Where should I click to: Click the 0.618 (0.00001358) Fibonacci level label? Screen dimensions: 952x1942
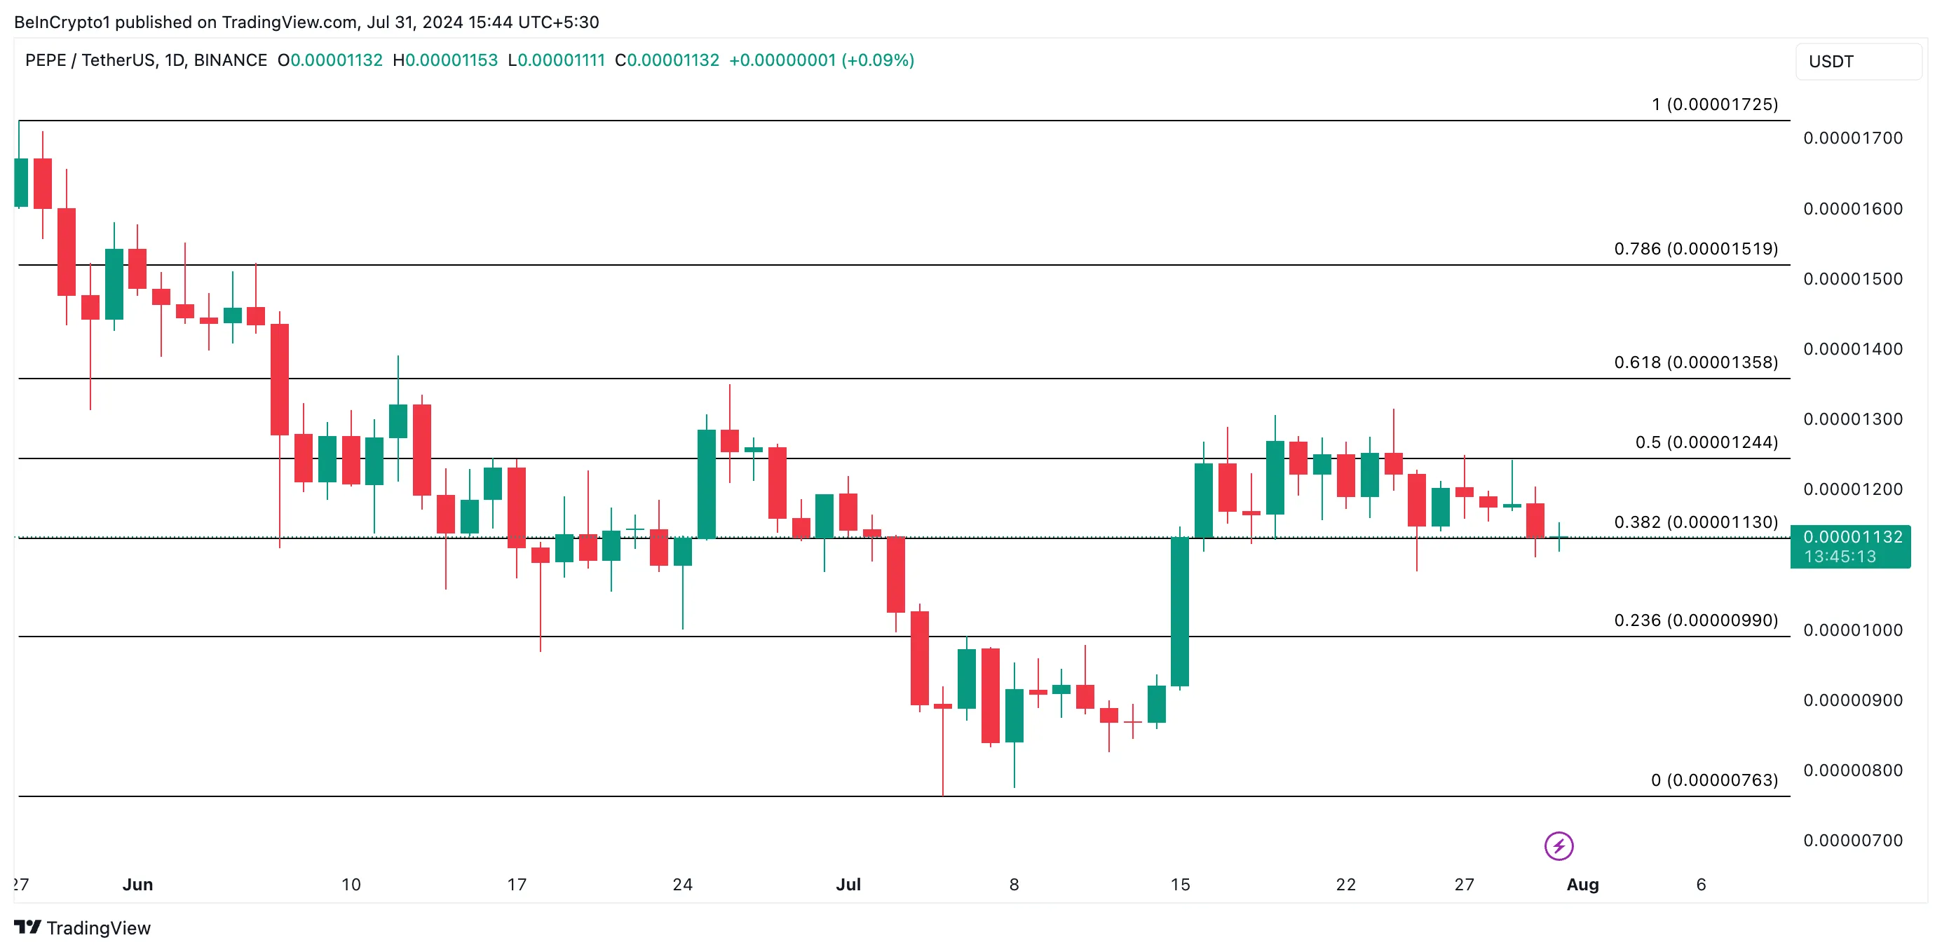(1695, 362)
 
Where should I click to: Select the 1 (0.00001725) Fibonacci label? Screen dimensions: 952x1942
(1714, 104)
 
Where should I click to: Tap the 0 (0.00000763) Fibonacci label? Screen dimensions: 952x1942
(1713, 780)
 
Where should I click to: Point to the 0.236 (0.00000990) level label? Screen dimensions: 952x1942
(1695, 620)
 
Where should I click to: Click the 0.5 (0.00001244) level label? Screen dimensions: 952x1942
(1706, 442)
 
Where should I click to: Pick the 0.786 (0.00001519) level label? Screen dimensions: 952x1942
(1695, 249)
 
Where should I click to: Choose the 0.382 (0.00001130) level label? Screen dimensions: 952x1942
(1695, 522)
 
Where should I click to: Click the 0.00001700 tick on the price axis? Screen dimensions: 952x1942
(1852, 138)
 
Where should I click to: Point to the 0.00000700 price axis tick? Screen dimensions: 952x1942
(1852, 841)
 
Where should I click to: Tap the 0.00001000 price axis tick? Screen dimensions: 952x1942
(1852, 630)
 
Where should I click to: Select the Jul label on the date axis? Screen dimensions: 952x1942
(848, 885)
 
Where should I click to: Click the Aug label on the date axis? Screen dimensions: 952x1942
(1582, 885)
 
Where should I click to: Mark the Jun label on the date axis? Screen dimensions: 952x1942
(137, 885)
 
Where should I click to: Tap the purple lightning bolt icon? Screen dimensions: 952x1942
(1559, 845)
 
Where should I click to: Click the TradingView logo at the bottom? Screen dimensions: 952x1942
(82, 928)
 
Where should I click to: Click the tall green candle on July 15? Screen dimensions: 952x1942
(1179, 611)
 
